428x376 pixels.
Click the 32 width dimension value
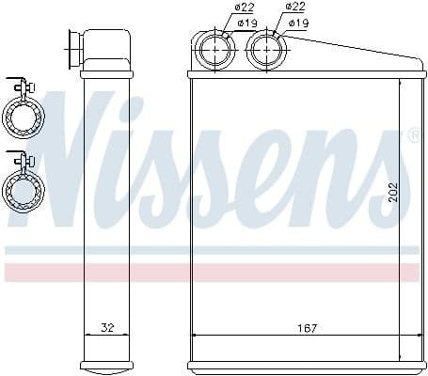tap(106, 328)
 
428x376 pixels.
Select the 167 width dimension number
tap(305, 328)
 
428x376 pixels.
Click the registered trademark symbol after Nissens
tap(413, 136)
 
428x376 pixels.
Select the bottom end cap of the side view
tap(106, 364)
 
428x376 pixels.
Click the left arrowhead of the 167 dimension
tap(195, 336)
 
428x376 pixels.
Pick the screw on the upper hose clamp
tap(31, 89)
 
